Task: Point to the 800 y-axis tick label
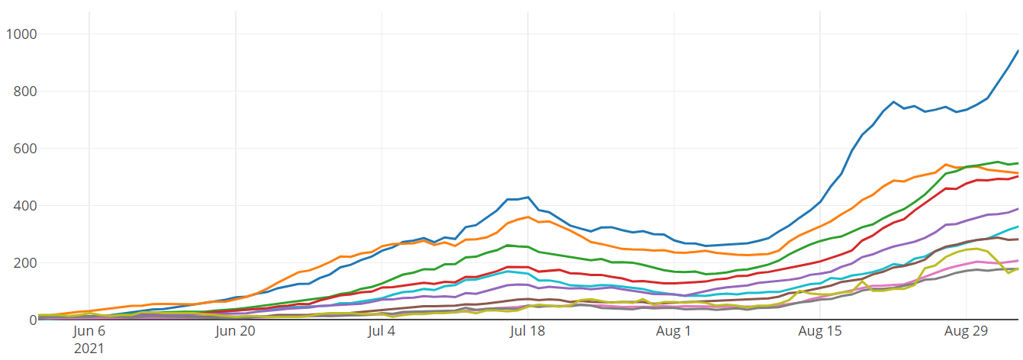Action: pyautogui.click(x=24, y=92)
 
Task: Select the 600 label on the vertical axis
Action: pyautogui.click(x=24, y=149)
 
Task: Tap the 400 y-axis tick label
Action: pyautogui.click(x=24, y=206)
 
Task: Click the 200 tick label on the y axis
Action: pyautogui.click(x=24, y=263)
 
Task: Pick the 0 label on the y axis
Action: pyautogui.click(x=33, y=320)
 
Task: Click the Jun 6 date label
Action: pyautogui.click(x=90, y=332)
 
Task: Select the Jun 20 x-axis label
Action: pyautogui.click(x=236, y=332)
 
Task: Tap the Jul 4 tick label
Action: pyautogui.click(x=381, y=332)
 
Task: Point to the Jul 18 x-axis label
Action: pyautogui.click(x=528, y=332)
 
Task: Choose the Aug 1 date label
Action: pyautogui.click(x=674, y=332)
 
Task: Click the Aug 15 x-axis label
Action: pyautogui.click(x=820, y=332)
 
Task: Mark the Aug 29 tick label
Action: pyautogui.click(x=966, y=332)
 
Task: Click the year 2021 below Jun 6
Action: pyautogui.click(x=88, y=349)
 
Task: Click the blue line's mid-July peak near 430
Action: pyautogui.click(x=528, y=197)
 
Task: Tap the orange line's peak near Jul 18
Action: pyautogui.click(x=528, y=217)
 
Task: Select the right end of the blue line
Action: pyautogui.click(x=1018, y=50)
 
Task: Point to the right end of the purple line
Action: pyautogui.click(x=1018, y=209)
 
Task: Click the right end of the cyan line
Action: pyautogui.click(x=1018, y=227)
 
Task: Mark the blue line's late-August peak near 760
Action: pyautogui.click(x=893, y=101)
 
